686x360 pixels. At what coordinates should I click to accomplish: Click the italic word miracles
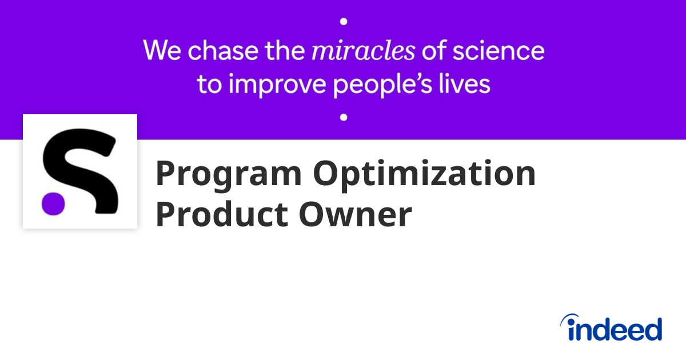[363, 51]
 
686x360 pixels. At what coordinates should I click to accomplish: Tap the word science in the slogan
[498, 51]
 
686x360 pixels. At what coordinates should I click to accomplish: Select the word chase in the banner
[223, 50]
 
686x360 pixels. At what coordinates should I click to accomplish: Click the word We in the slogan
[162, 50]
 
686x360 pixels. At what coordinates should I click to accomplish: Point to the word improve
[277, 85]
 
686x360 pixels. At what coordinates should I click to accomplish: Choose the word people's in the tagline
[382, 85]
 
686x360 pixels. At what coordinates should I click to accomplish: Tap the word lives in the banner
[465, 84]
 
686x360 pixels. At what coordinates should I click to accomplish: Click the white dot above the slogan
[344, 22]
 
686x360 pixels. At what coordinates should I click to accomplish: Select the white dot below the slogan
[344, 117]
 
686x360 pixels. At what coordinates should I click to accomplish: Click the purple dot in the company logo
[53, 203]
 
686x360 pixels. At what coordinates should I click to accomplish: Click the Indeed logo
[611, 327]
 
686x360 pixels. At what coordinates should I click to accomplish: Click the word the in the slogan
[285, 50]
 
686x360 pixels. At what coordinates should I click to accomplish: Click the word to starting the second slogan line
[209, 84]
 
